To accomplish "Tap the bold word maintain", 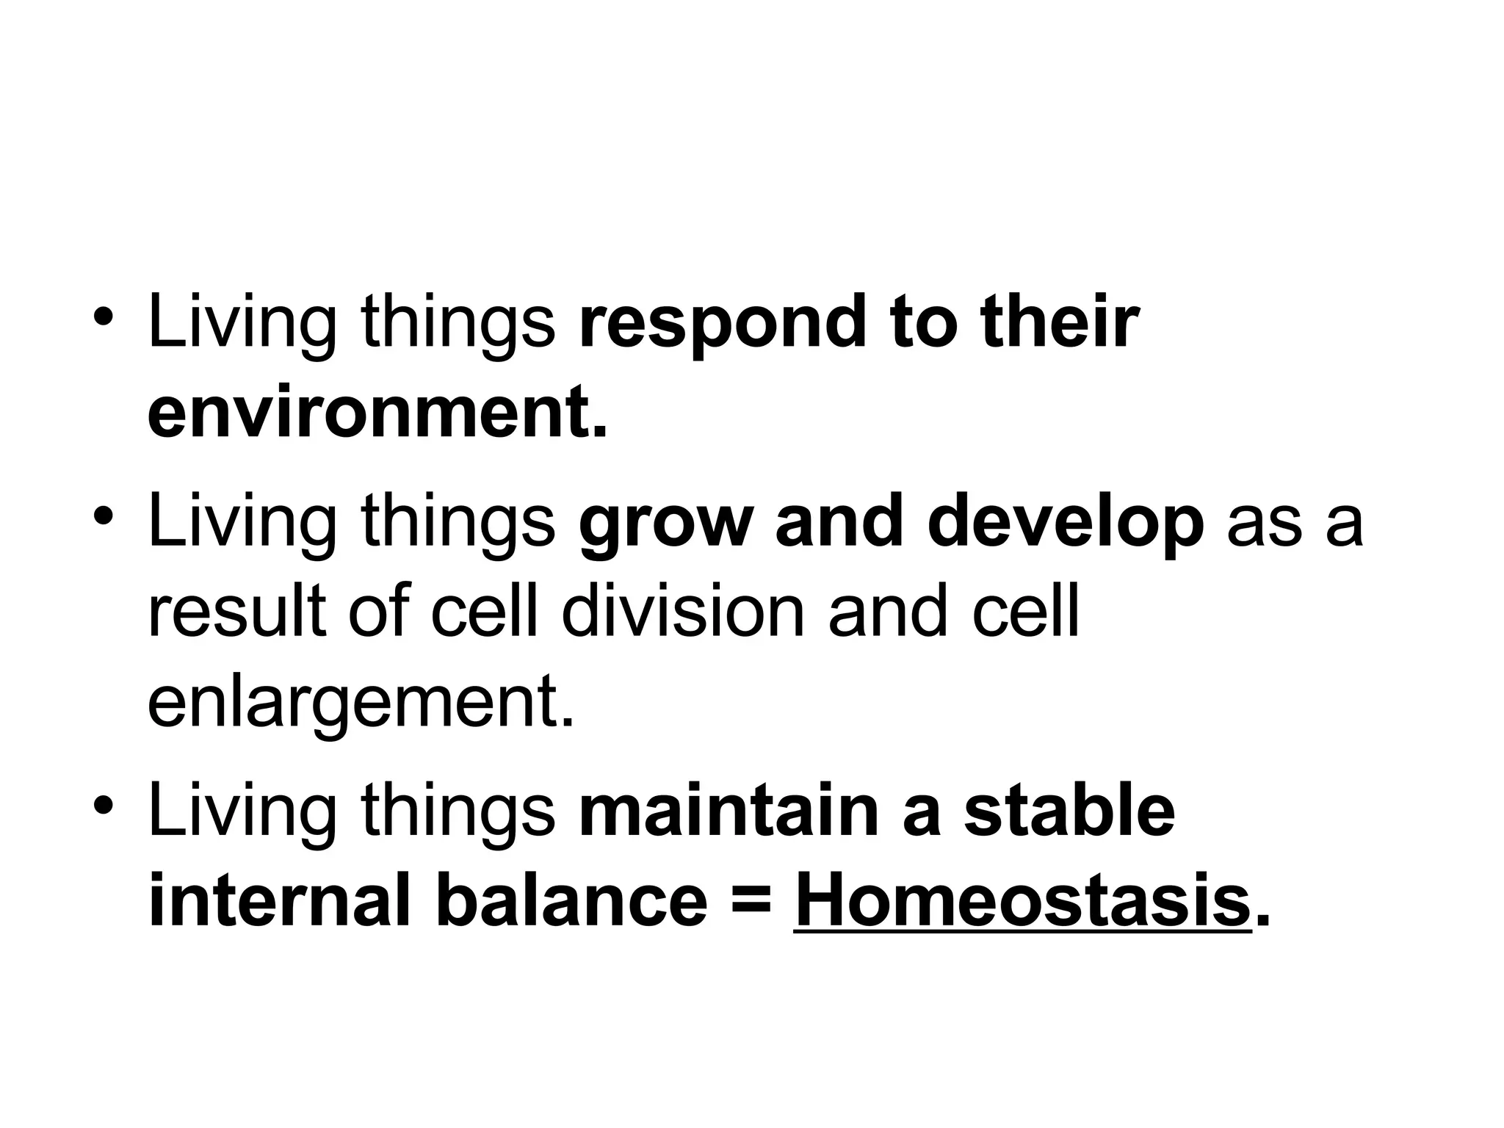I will pos(728,811).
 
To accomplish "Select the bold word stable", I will pos(1069,811).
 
